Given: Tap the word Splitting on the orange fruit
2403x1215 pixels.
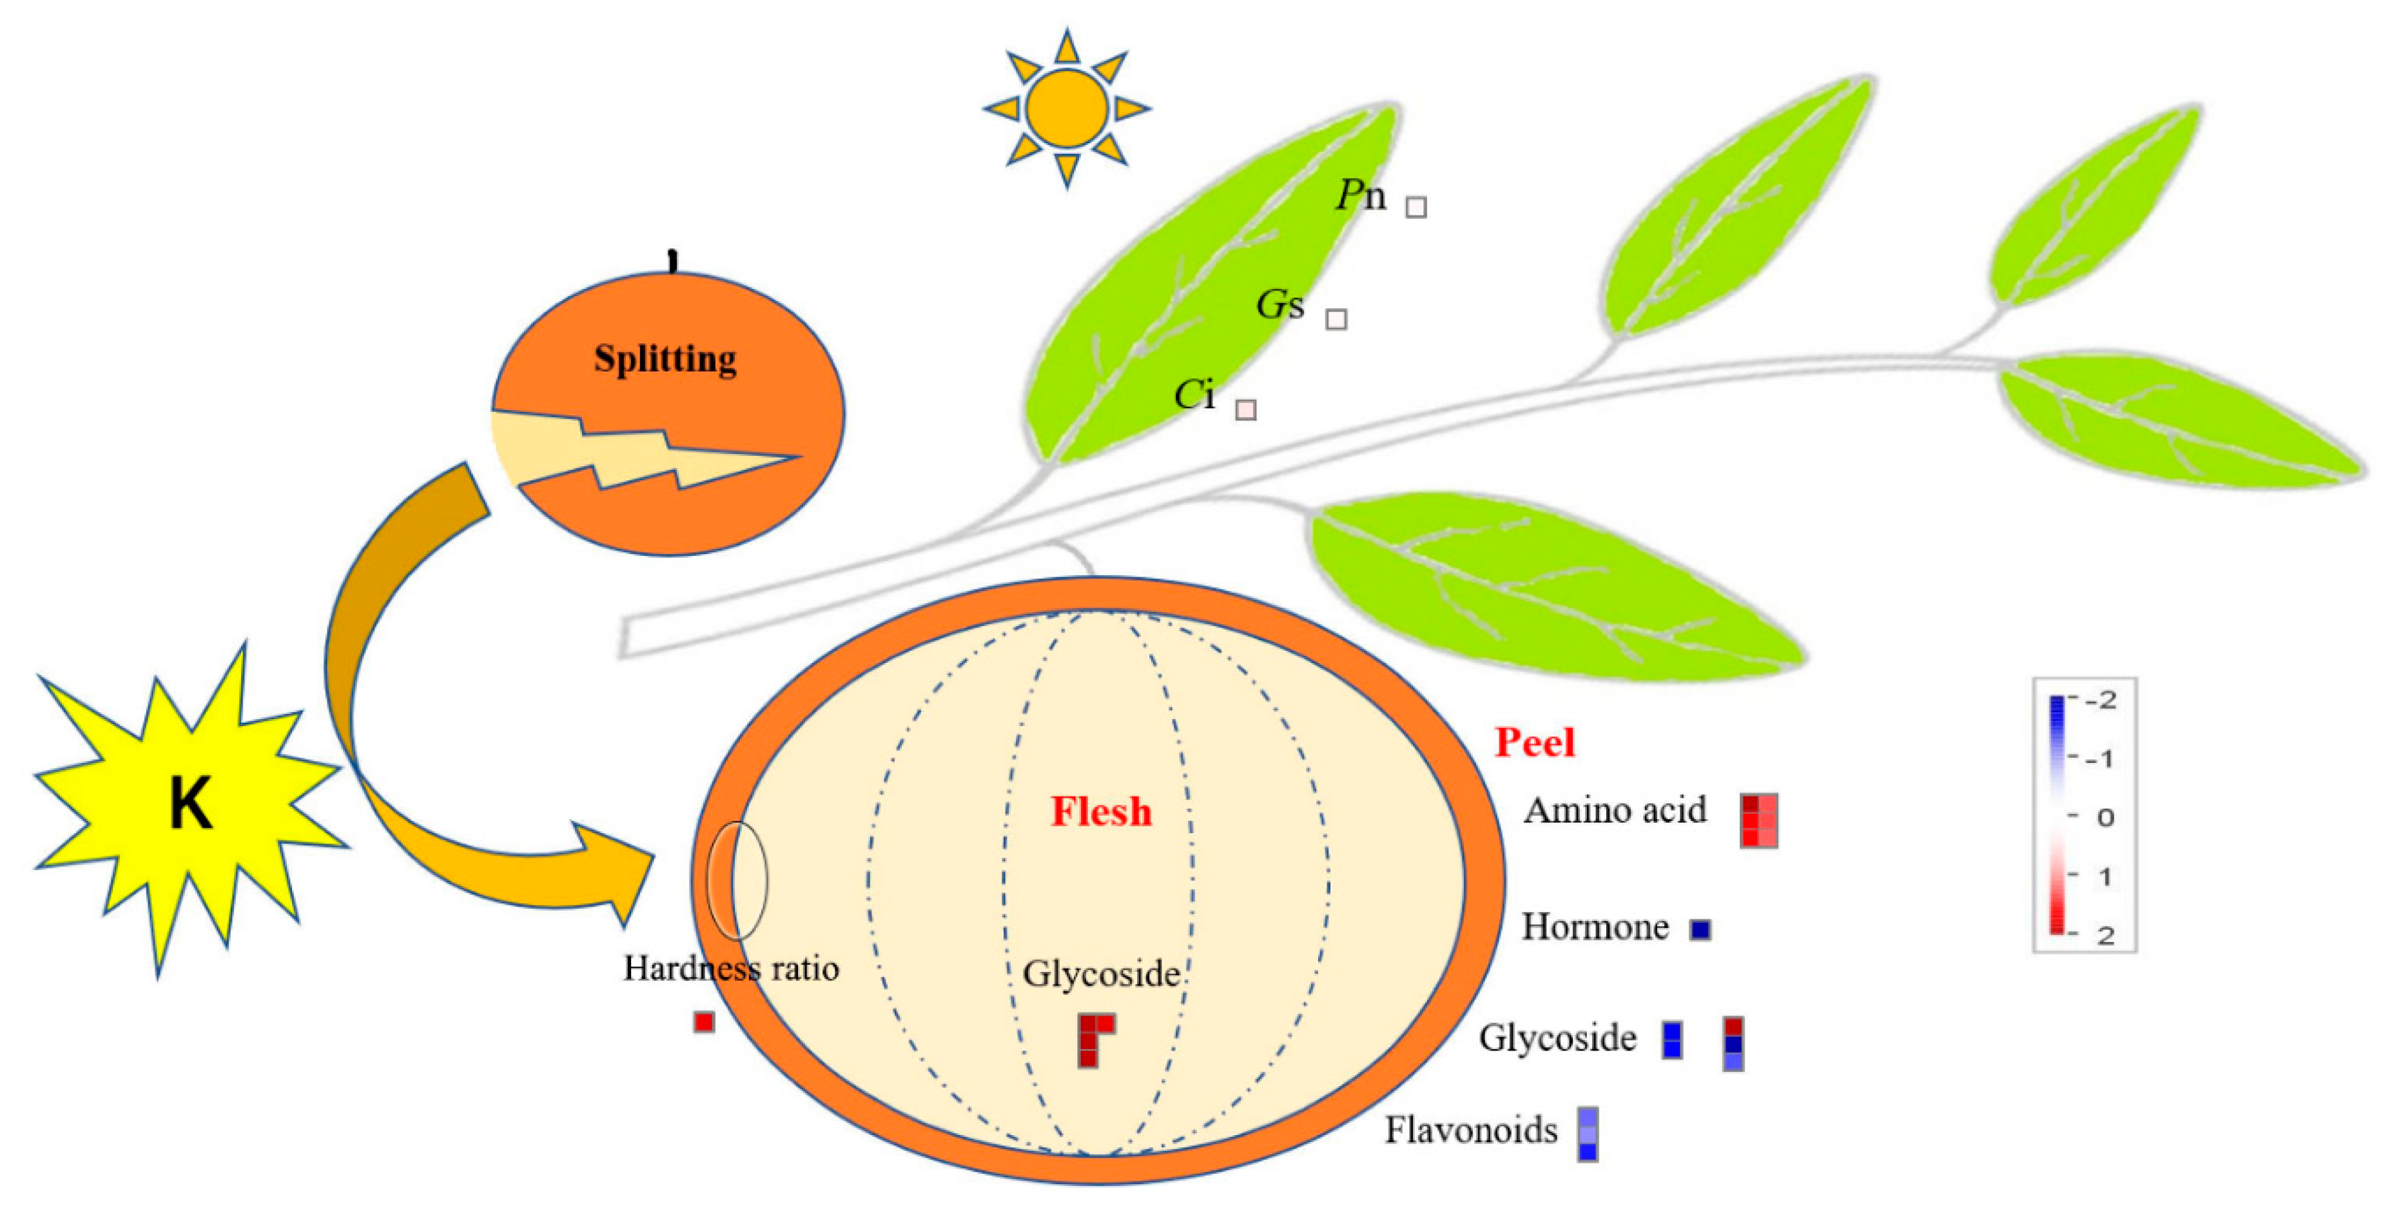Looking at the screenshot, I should (x=665, y=359).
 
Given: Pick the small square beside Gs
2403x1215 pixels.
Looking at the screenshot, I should (x=1336, y=319).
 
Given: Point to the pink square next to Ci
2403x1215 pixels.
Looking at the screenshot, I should (x=1245, y=410).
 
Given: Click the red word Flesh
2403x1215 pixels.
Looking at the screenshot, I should (x=1101, y=811).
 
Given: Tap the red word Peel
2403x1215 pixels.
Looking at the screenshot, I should (x=1535, y=742).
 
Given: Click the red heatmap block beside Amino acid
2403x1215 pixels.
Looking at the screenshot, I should (x=1758, y=820).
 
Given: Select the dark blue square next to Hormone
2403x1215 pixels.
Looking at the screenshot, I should (x=1700, y=929).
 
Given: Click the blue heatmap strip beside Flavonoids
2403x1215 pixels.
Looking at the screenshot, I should (x=1588, y=1134).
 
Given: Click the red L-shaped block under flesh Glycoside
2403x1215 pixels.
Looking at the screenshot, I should (x=1089, y=1040).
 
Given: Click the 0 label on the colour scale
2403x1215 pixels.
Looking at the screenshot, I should (x=2105, y=818).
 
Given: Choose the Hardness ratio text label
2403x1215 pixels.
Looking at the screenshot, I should (x=730, y=969).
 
